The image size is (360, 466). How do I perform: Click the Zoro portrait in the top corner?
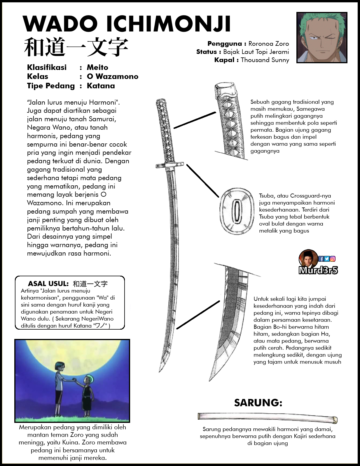tap(321, 37)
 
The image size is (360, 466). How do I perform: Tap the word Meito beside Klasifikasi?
tap(97, 67)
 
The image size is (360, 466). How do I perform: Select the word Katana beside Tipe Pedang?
tap(101, 86)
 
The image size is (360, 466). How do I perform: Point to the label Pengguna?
tap(225, 44)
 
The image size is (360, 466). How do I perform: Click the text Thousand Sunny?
tap(265, 60)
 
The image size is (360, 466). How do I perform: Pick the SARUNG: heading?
tap(258, 402)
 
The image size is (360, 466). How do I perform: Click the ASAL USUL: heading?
tap(48, 284)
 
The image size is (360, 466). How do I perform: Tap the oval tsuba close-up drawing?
tap(237, 210)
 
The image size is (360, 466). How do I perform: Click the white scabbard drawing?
tap(267, 417)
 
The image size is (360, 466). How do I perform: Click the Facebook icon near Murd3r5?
tap(321, 259)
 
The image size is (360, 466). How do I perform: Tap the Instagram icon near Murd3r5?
tap(333, 259)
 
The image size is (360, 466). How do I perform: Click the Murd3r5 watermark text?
tap(318, 270)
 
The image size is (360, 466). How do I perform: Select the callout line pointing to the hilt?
tap(195, 120)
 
